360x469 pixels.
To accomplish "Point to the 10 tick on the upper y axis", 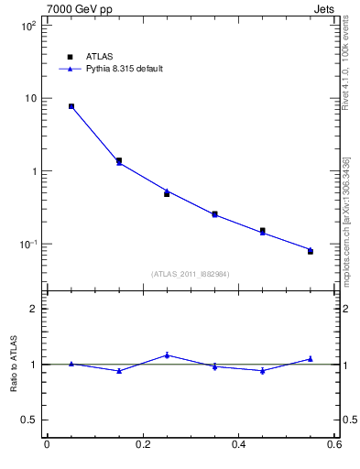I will pyautogui.click(x=29, y=99).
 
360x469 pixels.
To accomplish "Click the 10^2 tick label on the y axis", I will pyautogui.click(x=27, y=26).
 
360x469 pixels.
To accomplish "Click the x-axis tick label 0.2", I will pyautogui.click(x=142, y=444).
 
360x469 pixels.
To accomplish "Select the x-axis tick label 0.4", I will pyautogui.click(x=238, y=444).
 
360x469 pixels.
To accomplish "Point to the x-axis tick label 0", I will pyautogui.click(x=47, y=444).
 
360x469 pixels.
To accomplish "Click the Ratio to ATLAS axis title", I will pyautogui.click(x=13, y=365).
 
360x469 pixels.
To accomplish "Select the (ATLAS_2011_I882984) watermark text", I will pyautogui.click(x=190, y=274).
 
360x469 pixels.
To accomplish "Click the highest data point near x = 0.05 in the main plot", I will pyautogui.click(x=71, y=106).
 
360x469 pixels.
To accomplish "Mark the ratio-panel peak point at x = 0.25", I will pyautogui.click(x=167, y=354).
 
